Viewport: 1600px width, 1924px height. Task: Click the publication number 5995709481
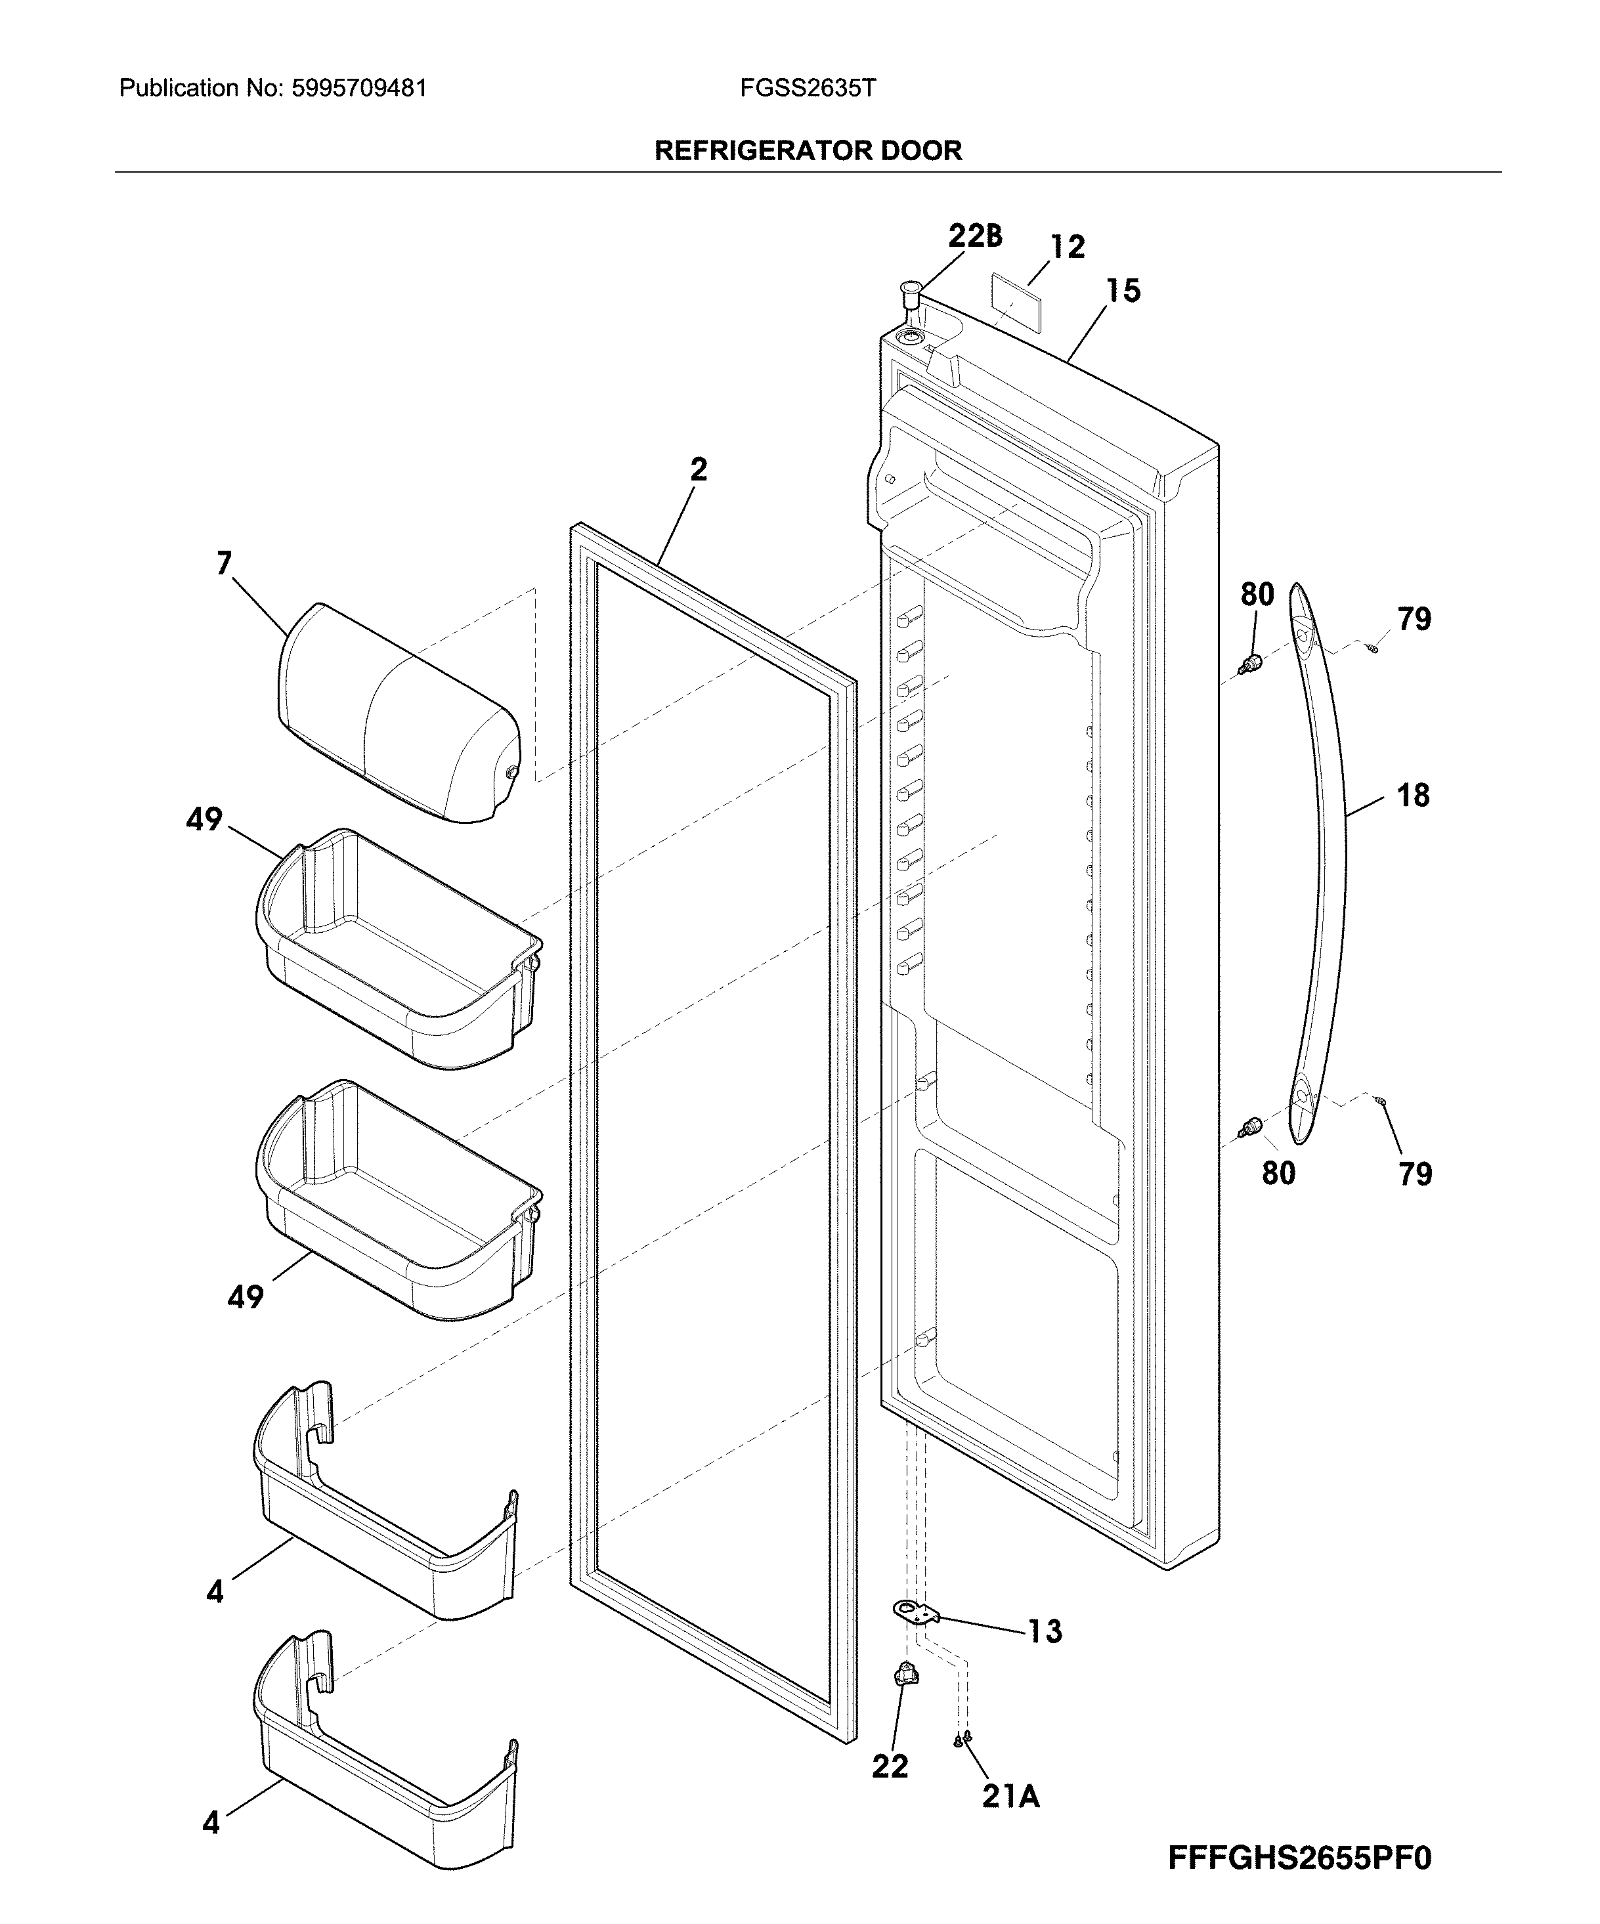click(359, 88)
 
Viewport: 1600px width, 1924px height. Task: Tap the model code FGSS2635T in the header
click(808, 88)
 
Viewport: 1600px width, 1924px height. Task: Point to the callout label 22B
click(975, 236)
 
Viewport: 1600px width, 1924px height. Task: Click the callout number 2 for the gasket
click(699, 470)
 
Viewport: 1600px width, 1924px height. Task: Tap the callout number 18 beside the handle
click(1413, 795)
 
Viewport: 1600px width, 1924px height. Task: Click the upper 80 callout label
click(1257, 595)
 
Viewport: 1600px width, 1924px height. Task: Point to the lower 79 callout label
click(1416, 1174)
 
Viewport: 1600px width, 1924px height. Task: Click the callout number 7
click(225, 563)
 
